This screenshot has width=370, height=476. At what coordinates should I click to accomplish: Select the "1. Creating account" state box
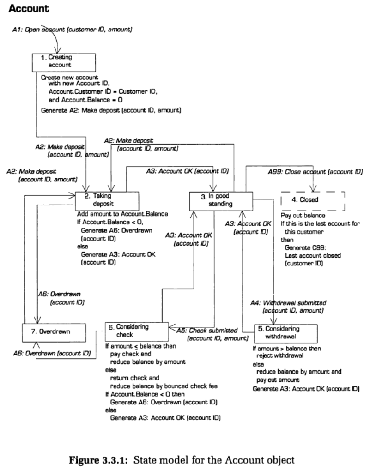tap(64, 62)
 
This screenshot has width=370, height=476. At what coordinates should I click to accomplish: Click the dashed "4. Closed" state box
tap(313, 200)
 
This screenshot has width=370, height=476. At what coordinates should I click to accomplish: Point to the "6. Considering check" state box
tap(137, 331)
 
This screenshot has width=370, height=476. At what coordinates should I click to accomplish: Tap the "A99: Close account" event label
tap(315, 171)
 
